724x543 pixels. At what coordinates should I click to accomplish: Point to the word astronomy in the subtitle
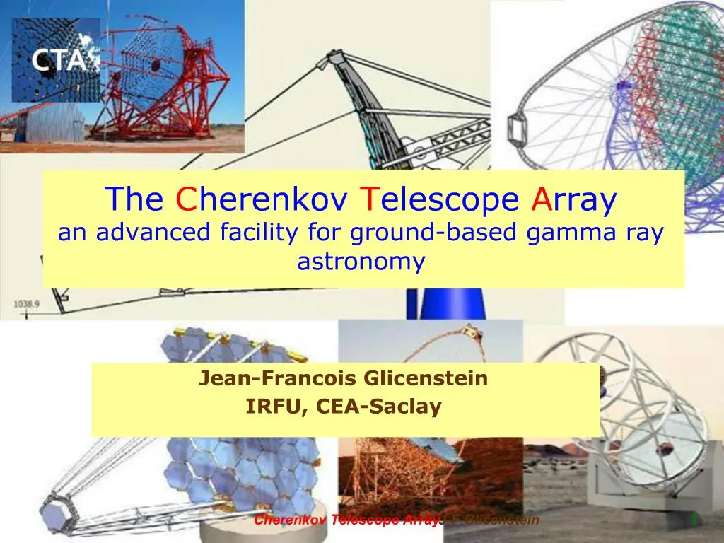coord(361,262)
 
